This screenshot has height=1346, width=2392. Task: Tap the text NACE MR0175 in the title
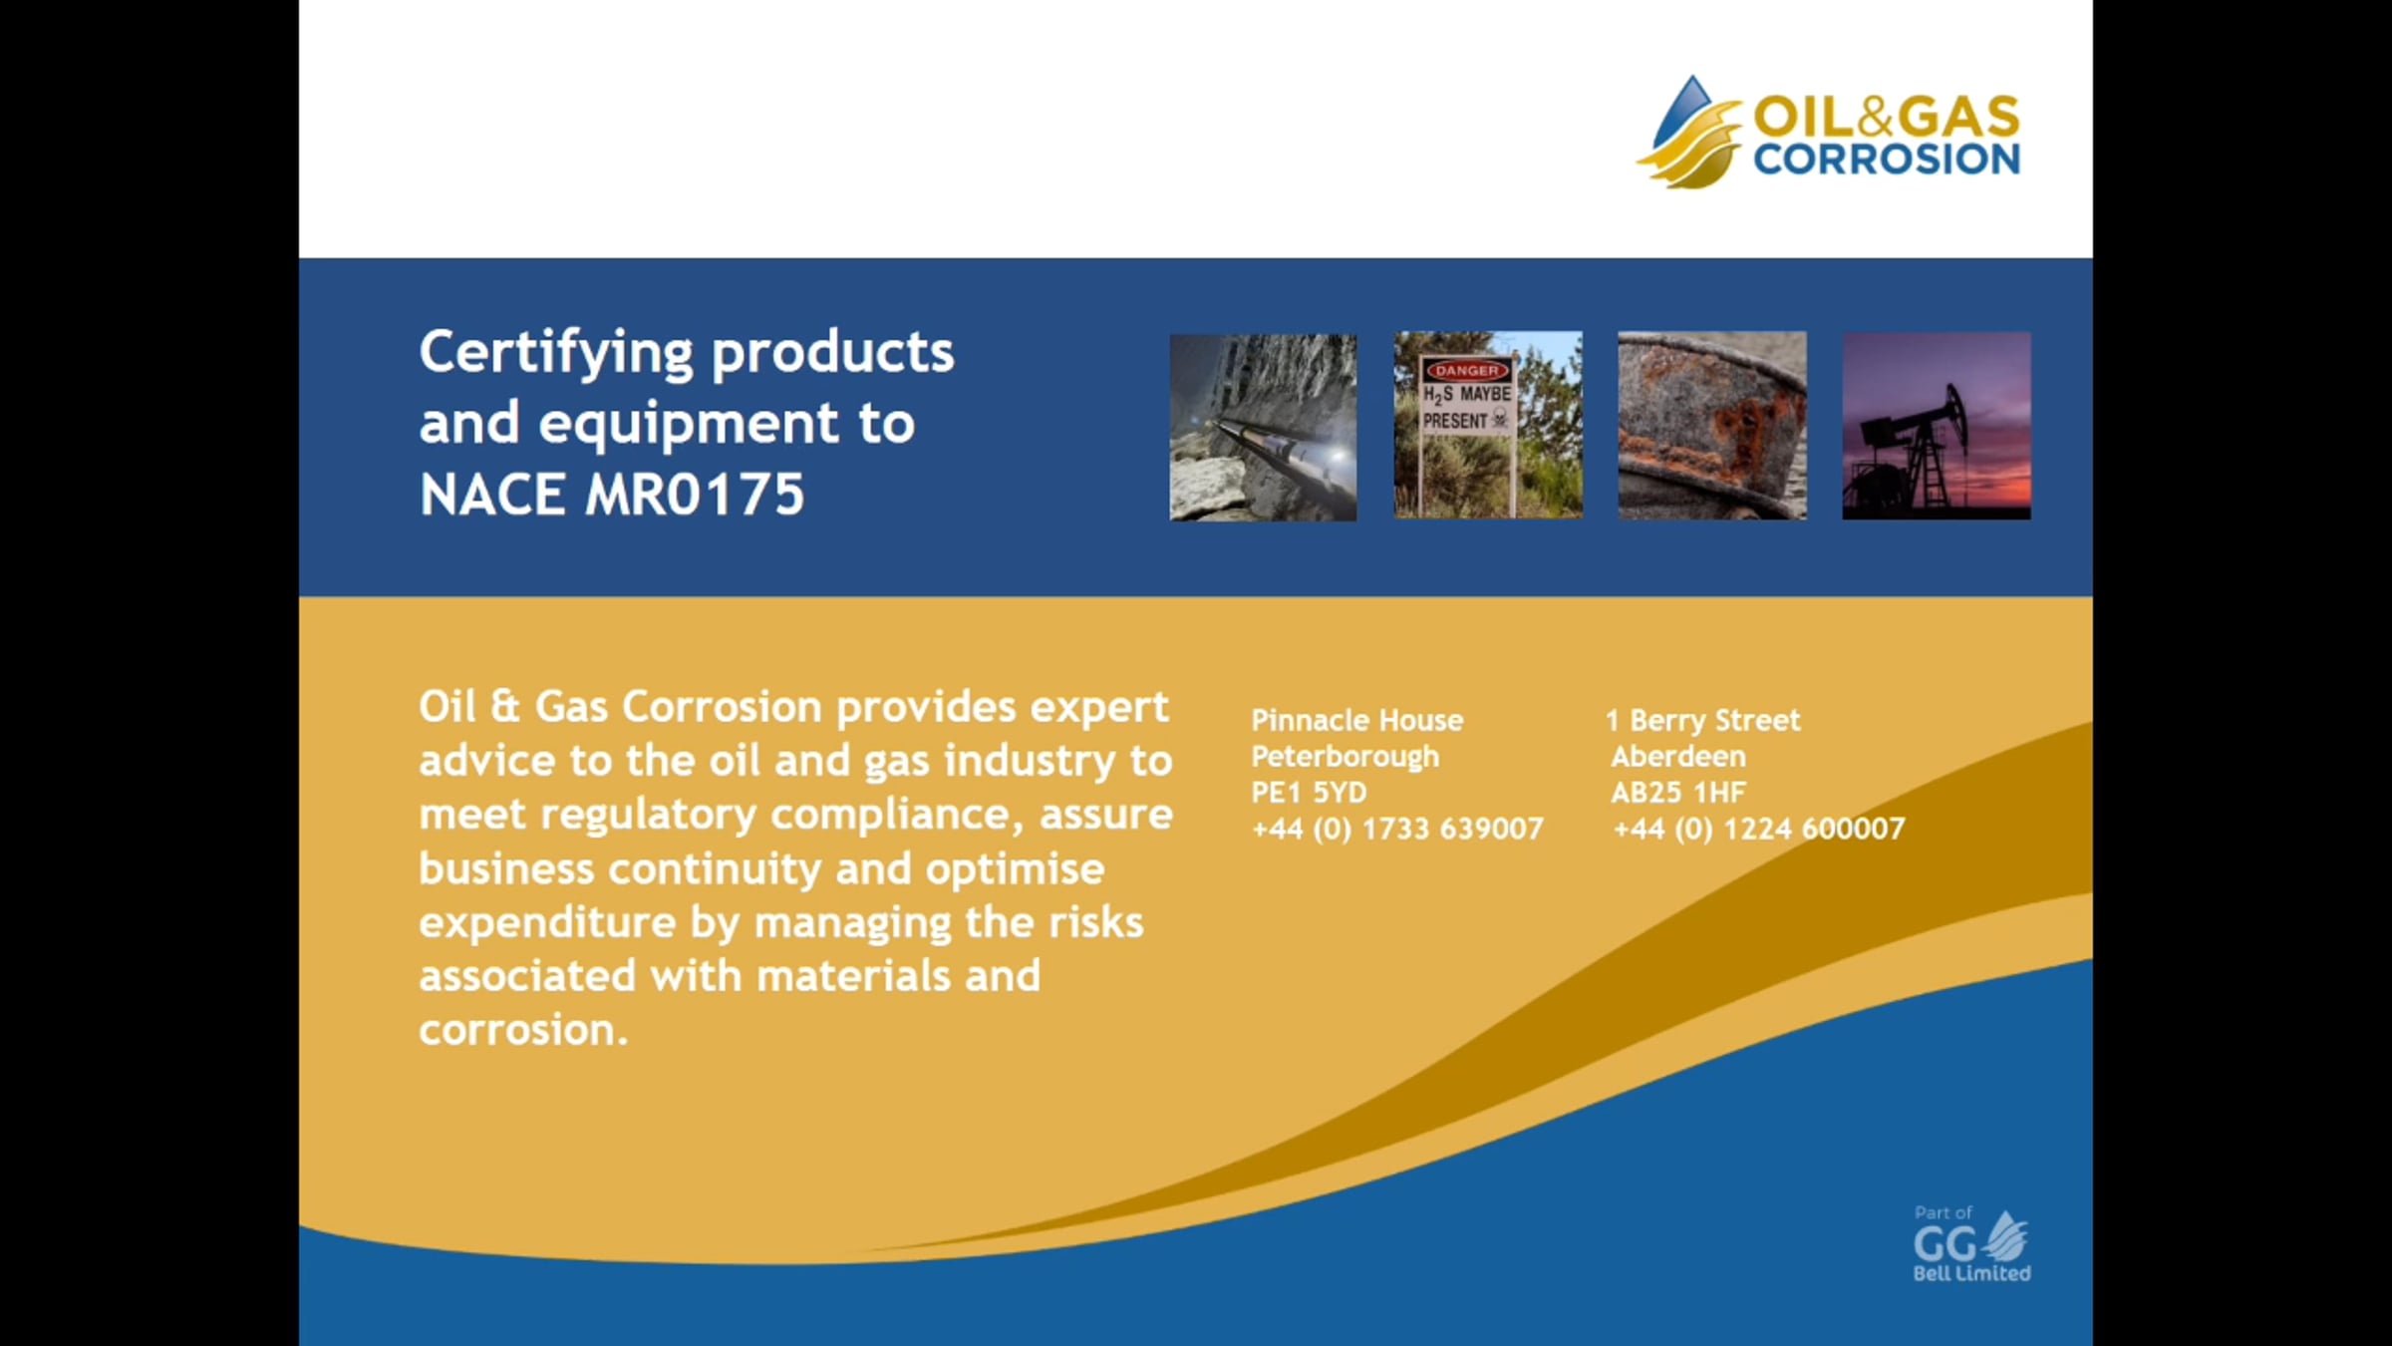tap(611, 494)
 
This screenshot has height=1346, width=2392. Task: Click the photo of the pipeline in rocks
tap(1263, 427)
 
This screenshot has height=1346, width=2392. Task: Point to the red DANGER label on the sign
tap(1466, 370)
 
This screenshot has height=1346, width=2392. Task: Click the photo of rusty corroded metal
tap(1712, 426)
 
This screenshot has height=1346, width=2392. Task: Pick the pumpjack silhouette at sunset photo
tap(1937, 426)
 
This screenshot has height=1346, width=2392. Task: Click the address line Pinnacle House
tap(1357, 720)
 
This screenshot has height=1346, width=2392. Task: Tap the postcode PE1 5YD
tap(1310, 793)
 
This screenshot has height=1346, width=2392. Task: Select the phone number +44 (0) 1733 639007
tap(1397, 829)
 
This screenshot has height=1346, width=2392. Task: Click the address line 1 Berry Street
tap(1703, 720)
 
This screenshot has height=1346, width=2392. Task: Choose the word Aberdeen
tap(1678, 757)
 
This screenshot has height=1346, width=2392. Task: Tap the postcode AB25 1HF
tap(1678, 793)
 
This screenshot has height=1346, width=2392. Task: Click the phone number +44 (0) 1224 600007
tap(1759, 829)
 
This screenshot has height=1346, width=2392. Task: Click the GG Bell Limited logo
tap(1971, 1243)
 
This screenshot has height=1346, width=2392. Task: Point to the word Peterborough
tap(1345, 757)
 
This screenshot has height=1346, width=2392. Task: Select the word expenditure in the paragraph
tap(547, 923)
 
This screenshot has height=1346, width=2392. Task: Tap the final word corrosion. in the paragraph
tap(523, 1030)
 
